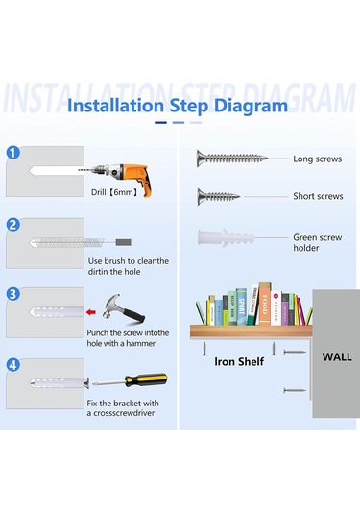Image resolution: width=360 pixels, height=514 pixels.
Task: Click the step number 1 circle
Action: pyautogui.click(x=13, y=153)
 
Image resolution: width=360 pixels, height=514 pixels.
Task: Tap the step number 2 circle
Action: pyautogui.click(x=13, y=225)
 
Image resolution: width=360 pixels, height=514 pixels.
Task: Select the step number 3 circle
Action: pyautogui.click(x=13, y=294)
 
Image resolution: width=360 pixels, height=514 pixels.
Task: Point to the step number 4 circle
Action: pyautogui.click(x=13, y=365)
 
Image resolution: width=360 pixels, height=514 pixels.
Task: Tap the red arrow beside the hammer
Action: pyautogui.click(x=91, y=312)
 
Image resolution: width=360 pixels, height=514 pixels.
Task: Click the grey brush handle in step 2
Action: pyautogui.click(x=124, y=242)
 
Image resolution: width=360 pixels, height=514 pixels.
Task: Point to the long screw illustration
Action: pyautogui.click(x=232, y=159)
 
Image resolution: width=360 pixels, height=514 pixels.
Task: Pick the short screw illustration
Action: pyautogui.click(x=218, y=197)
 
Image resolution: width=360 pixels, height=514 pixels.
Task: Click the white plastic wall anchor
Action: pyautogui.click(x=226, y=237)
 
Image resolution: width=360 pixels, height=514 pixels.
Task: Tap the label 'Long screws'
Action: pyautogui.click(x=318, y=159)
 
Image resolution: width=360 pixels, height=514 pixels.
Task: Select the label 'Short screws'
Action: pyautogui.click(x=318, y=196)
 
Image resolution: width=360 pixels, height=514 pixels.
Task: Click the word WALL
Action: pyautogui.click(x=337, y=357)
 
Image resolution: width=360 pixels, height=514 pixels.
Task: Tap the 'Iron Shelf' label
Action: pyautogui.click(x=239, y=361)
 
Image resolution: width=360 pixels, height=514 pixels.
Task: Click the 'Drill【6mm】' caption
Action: pyautogui.click(x=114, y=192)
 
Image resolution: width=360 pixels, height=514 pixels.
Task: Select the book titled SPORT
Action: pyautogui.click(x=241, y=306)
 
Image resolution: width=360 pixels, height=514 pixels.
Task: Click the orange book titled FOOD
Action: pyautogui.click(x=265, y=304)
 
